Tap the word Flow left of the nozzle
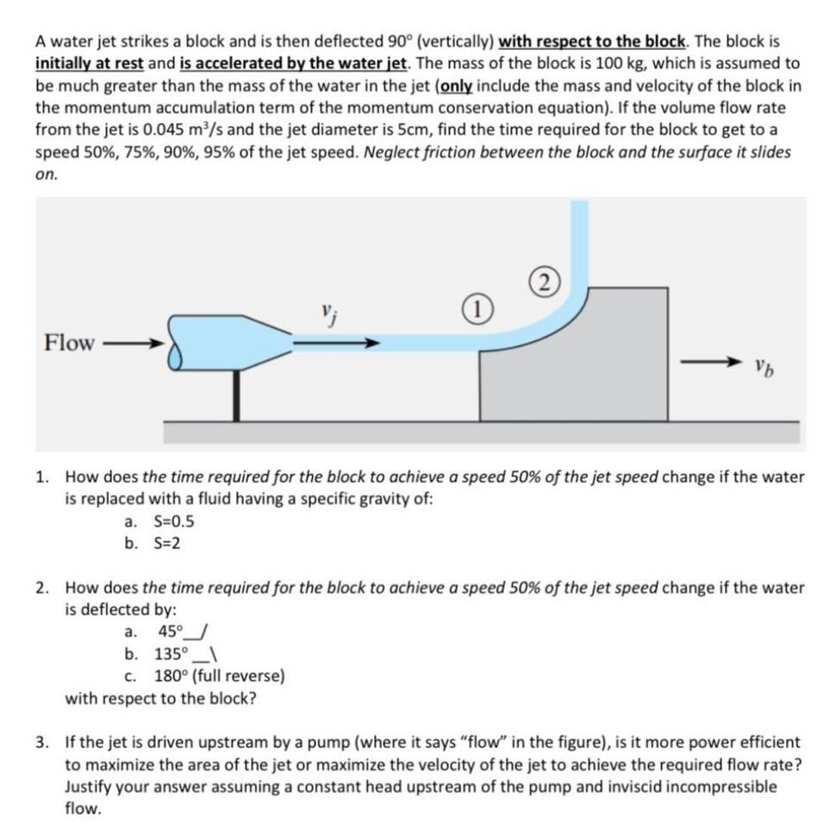[x=69, y=342]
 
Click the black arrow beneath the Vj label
[x=335, y=342]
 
